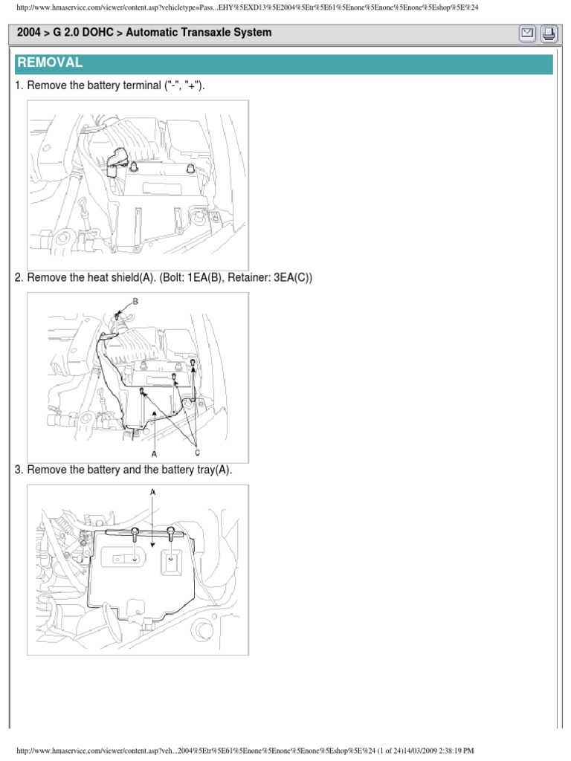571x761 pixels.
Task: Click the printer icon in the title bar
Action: [x=548, y=33]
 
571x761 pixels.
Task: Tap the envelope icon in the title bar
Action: [x=526, y=33]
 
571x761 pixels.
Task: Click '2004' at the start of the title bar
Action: [x=28, y=33]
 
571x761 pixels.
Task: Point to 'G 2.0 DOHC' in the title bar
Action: [x=80, y=33]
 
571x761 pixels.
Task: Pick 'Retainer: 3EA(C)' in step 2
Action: [x=265, y=278]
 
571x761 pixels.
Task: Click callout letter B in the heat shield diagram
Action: [x=135, y=300]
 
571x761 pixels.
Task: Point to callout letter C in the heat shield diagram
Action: [x=198, y=451]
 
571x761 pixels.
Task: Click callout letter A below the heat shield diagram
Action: [x=154, y=453]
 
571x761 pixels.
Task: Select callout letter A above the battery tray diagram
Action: [x=153, y=492]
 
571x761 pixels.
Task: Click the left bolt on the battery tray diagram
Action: [x=135, y=531]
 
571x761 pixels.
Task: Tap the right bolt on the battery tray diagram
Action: [x=171, y=531]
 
